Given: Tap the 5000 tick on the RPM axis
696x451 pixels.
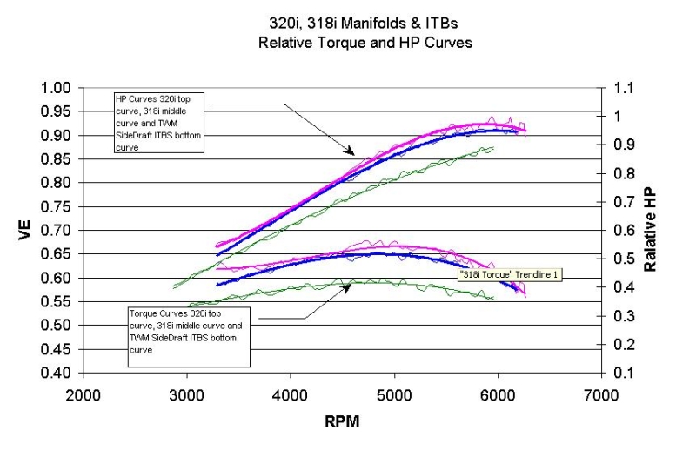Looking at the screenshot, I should coord(394,394).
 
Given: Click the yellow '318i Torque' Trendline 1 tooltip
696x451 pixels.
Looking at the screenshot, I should coord(512,274).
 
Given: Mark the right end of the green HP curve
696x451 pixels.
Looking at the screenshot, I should coord(493,148).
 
